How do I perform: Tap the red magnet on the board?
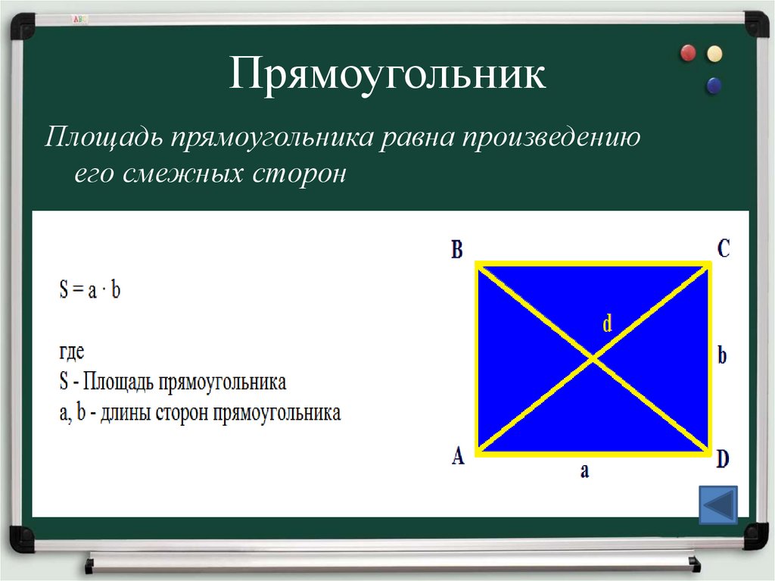688,53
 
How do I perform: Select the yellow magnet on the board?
714,53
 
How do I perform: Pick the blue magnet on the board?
713,86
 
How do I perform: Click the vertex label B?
457,250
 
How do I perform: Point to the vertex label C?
724,248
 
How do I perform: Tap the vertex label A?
458,457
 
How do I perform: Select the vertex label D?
723,458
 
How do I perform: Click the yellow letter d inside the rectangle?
607,324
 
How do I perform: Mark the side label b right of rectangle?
722,355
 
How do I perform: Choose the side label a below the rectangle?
584,471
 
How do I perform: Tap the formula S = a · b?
89,290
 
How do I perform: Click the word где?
73,351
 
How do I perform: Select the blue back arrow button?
717,505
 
